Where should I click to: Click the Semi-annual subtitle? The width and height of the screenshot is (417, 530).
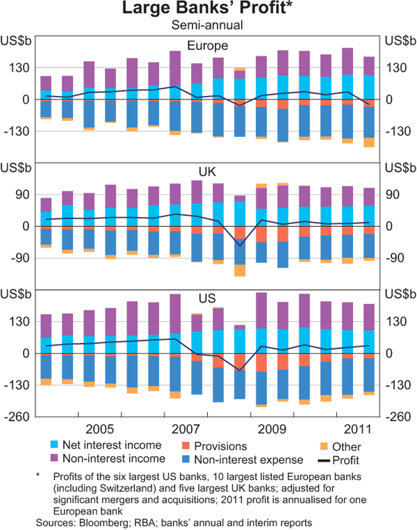[207, 25]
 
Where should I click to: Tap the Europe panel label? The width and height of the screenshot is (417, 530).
[207, 46]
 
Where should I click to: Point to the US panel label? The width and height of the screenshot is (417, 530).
[207, 299]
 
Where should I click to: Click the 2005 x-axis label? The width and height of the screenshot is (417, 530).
[101, 426]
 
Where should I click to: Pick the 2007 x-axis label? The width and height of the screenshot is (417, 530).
[186, 426]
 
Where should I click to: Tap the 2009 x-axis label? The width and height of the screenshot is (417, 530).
[270, 426]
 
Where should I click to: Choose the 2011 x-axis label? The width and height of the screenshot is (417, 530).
[354, 426]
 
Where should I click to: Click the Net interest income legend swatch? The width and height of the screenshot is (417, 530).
[55, 444]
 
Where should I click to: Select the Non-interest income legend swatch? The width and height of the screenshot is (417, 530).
[55, 458]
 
